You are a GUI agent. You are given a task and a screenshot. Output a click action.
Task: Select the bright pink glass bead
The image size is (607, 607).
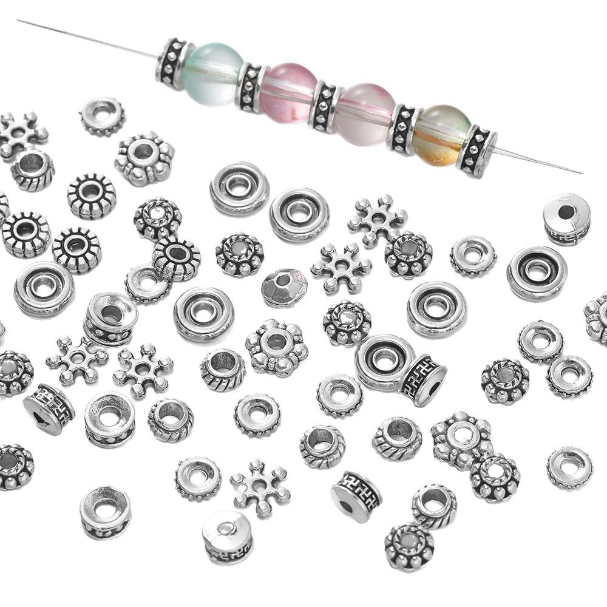click(x=290, y=93)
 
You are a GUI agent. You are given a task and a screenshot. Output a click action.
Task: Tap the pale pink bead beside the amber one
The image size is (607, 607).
click(x=366, y=114)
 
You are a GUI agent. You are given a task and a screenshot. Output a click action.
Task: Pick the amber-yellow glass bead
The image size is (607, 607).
click(x=441, y=135)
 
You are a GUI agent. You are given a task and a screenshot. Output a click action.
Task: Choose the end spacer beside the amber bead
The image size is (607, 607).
click(x=478, y=151)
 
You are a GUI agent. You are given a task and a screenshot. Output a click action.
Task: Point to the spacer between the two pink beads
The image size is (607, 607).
click(x=327, y=106)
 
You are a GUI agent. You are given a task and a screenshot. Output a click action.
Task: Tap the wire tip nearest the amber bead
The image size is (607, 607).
click(x=580, y=172)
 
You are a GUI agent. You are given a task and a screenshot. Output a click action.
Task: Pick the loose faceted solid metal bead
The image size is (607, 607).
click(x=284, y=288)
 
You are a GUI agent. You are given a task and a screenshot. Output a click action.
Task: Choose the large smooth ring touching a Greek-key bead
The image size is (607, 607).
click(x=385, y=361)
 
